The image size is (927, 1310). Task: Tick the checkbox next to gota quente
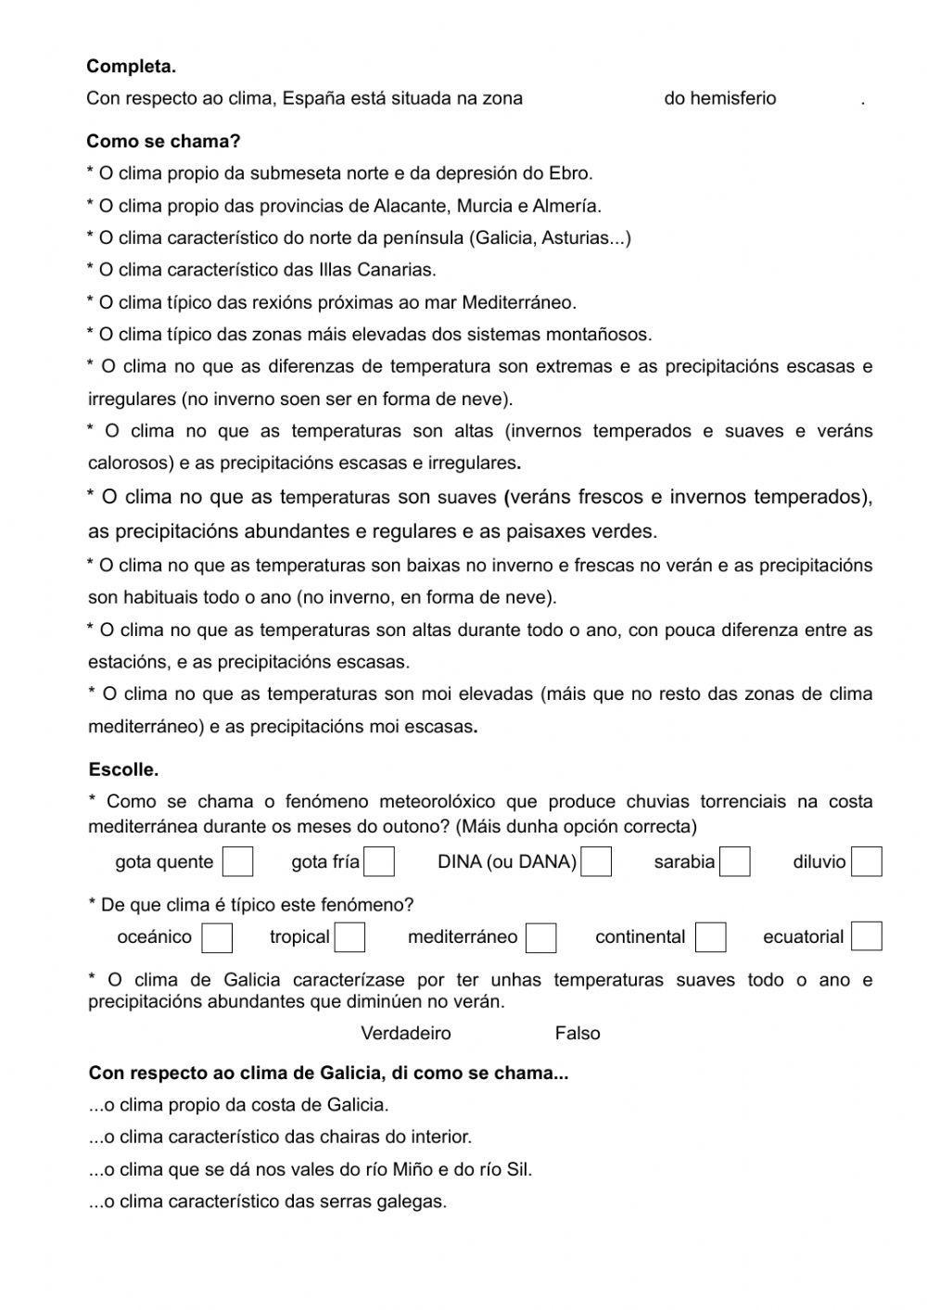237,861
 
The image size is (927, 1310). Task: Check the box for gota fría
379,861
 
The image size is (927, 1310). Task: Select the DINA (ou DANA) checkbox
596,861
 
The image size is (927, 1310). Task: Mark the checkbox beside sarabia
734,861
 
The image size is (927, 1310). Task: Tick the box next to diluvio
866,861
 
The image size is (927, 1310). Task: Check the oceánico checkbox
217,937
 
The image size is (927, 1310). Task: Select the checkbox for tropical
349,937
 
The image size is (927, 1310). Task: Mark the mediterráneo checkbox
540,937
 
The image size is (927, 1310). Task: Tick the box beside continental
710,937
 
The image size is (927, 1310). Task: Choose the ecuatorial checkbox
866,936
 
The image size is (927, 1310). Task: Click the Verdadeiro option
405,1033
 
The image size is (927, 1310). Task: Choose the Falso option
577,1033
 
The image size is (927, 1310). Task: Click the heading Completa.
131,67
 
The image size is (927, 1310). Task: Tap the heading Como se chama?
163,142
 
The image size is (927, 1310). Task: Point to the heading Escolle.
123,769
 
